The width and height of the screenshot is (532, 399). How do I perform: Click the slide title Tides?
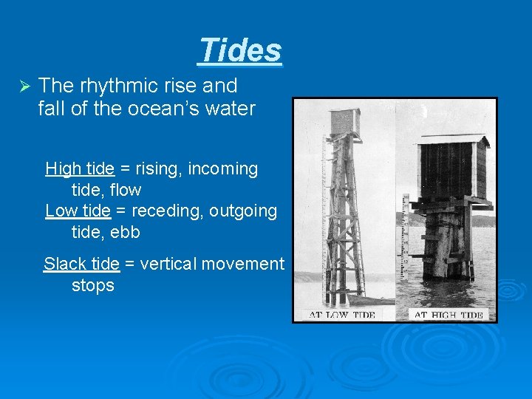(x=240, y=50)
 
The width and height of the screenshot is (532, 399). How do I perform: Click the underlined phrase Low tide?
(x=78, y=211)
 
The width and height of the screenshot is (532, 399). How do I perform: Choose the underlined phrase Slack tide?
(x=81, y=264)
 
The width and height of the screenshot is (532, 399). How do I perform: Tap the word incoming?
(x=222, y=168)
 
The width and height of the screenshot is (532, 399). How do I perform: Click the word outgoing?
(x=243, y=211)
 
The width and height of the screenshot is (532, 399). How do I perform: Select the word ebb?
(x=125, y=232)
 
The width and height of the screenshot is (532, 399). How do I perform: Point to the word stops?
(x=93, y=285)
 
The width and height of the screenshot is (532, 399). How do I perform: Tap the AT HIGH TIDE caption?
(x=448, y=315)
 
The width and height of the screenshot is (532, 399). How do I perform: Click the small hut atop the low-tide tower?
(x=345, y=122)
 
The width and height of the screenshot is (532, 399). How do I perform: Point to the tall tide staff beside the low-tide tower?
(x=324, y=214)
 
